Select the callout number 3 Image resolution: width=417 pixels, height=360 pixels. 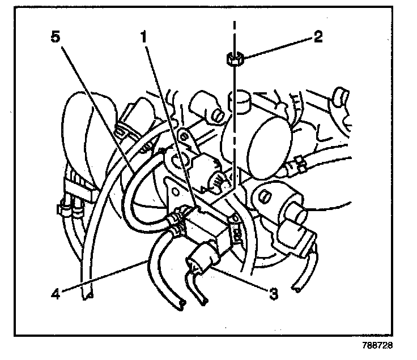click(x=274, y=294)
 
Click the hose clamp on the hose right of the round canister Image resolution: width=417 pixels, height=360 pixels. click(x=296, y=165)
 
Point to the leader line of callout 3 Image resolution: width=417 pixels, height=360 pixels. click(x=244, y=280)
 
